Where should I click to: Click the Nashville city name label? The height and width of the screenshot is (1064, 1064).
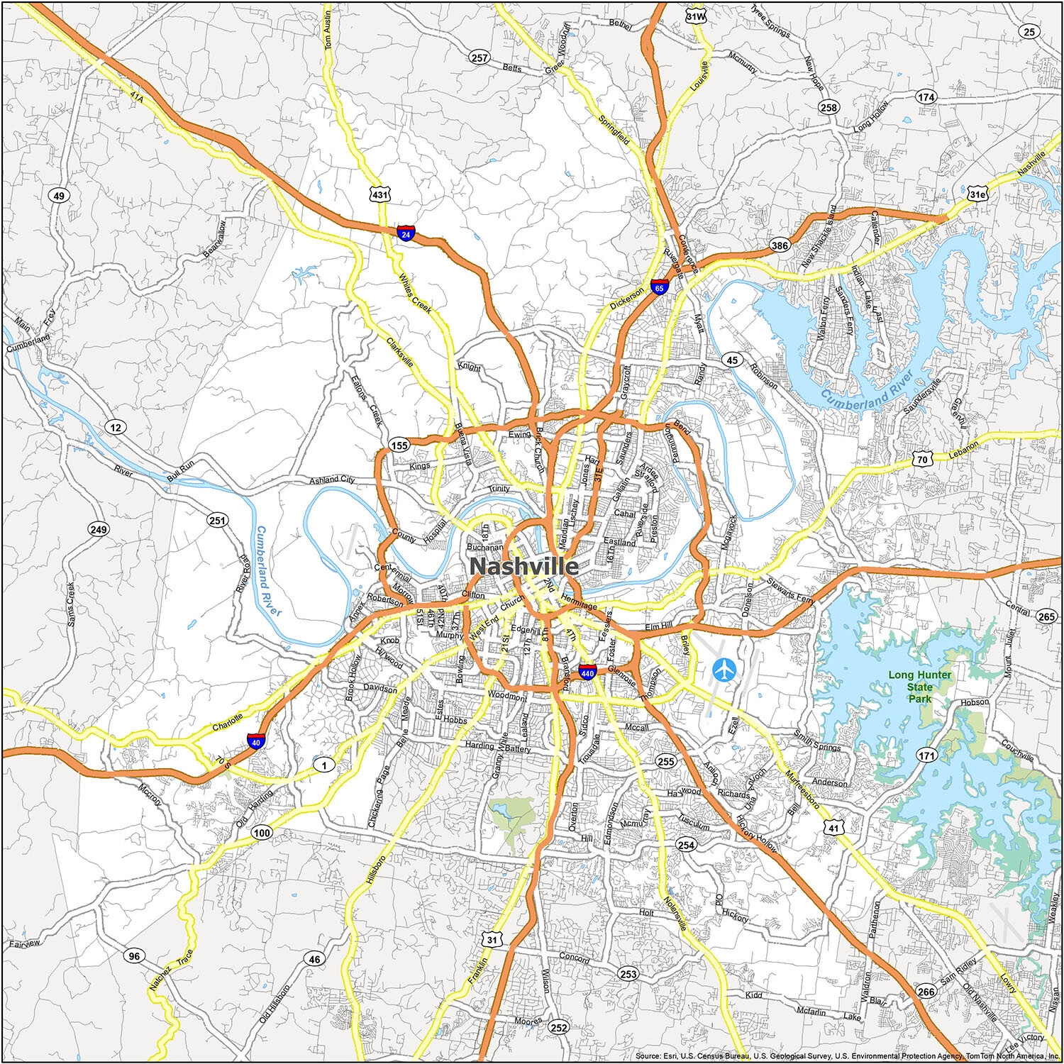[x=523, y=567]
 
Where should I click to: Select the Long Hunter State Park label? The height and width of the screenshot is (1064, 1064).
[x=920, y=686]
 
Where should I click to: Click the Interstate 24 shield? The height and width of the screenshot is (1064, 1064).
[x=405, y=233]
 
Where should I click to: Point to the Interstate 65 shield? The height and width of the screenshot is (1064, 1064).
[x=660, y=287]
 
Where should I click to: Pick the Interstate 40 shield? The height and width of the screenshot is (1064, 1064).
[x=256, y=742]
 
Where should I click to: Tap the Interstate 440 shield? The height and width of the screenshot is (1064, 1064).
[x=587, y=671]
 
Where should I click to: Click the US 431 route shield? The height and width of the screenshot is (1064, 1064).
[x=380, y=194]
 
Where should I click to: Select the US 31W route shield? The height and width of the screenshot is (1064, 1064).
[x=696, y=15]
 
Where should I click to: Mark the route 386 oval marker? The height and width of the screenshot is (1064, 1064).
[x=779, y=246]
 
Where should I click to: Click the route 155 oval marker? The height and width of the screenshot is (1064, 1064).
[x=399, y=445]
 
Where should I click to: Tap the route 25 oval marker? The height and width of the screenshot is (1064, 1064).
[x=1029, y=31]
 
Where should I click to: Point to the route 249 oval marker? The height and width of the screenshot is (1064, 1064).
[x=99, y=529]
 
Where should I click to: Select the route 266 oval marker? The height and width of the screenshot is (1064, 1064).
[x=925, y=992]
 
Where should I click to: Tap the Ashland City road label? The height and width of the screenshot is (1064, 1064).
[x=331, y=480]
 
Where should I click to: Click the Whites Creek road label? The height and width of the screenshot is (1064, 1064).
[x=415, y=294]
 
